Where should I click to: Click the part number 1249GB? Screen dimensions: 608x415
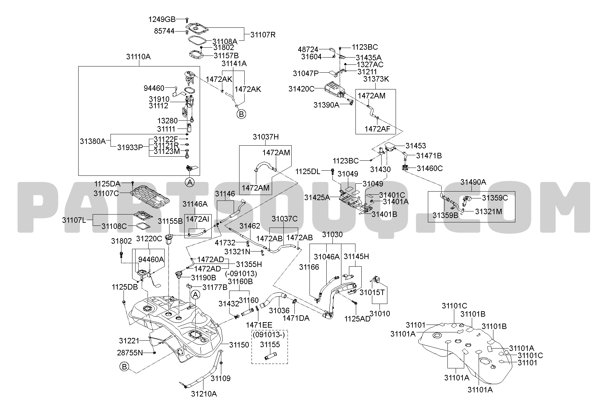[162, 19]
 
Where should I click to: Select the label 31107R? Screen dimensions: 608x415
[263, 35]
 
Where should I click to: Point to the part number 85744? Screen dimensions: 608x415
[164, 31]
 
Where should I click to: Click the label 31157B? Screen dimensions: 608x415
[226, 55]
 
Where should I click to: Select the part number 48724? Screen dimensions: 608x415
[308, 50]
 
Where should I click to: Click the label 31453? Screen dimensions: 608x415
[416, 146]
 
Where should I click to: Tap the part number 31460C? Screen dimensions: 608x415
[430, 168]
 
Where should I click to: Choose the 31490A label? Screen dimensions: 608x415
[473, 182]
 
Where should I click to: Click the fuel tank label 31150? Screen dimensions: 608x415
[239, 345]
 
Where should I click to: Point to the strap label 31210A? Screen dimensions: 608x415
[204, 394]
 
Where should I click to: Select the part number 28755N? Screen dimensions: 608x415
[130, 352]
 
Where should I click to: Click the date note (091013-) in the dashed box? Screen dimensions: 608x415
[270, 334]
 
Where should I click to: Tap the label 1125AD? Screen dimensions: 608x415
[358, 319]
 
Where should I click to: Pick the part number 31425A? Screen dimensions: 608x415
[317, 197]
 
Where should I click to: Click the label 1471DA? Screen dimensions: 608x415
[296, 318]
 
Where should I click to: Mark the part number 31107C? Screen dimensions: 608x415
[106, 193]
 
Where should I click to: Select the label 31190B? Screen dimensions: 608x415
[203, 277]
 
